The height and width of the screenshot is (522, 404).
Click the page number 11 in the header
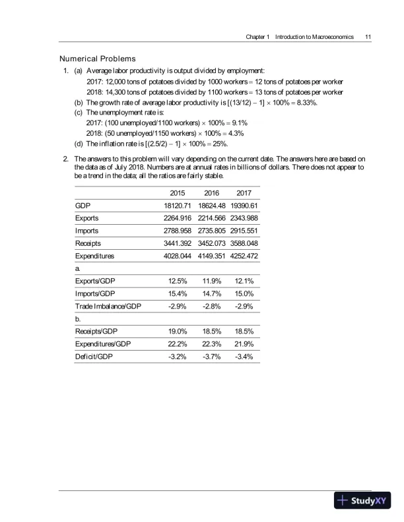366,36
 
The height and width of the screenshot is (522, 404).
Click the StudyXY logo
362,500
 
